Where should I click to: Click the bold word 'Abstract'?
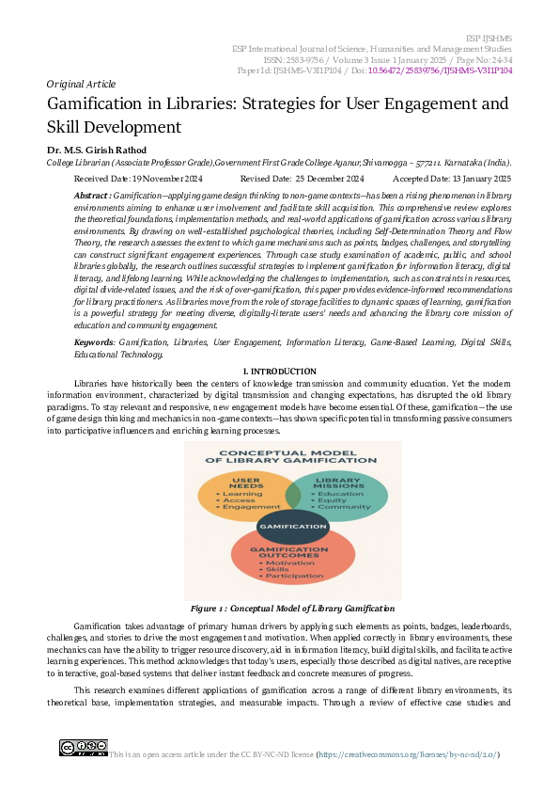pos(91,194)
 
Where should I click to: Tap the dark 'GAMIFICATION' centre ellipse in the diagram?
pos(292,526)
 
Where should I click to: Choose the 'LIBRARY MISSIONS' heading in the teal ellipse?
pos(338,483)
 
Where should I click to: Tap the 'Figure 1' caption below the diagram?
pos(279,610)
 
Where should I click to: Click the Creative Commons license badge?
pos(83,749)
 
